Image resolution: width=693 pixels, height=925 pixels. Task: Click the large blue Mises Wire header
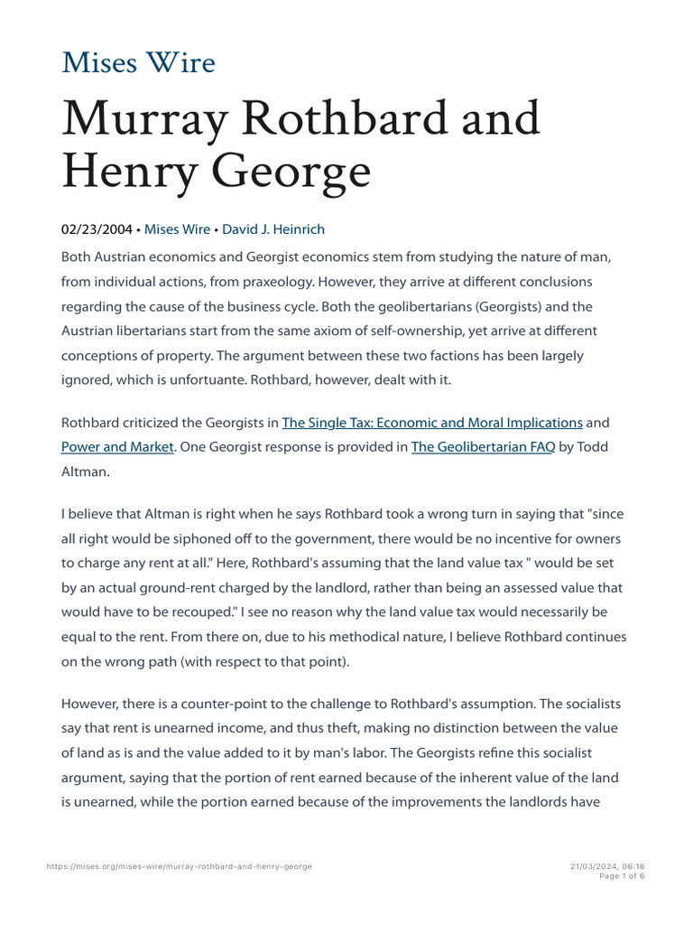coord(138,63)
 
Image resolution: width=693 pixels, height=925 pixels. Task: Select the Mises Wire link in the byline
coord(177,229)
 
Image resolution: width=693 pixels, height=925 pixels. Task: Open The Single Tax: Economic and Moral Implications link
coord(432,422)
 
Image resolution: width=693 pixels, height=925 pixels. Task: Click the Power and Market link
coord(116,446)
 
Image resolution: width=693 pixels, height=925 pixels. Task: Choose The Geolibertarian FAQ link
coord(483,446)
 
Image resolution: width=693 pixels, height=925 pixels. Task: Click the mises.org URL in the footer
coord(179,866)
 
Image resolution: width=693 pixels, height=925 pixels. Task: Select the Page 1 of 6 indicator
coord(623,876)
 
